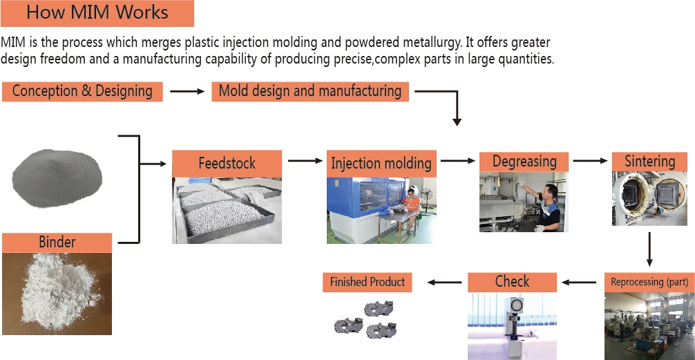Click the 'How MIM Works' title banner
(x=97, y=13)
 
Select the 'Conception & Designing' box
(x=82, y=91)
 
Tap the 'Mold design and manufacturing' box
(x=310, y=91)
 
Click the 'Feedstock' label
(x=227, y=164)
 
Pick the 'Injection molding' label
(x=381, y=164)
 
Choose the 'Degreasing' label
(x=524, y=162)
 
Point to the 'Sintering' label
(x=649, y=162)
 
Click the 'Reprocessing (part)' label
(x=649, y=282)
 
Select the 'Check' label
(x=512, y=282)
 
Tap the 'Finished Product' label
(x=368, y=282)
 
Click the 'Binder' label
(x=57, y=243)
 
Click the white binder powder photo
(x=57, y=294)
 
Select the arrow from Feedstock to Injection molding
(x=306, y=161)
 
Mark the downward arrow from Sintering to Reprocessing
(x=649, y=250)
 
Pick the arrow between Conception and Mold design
(x=187, y=91)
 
